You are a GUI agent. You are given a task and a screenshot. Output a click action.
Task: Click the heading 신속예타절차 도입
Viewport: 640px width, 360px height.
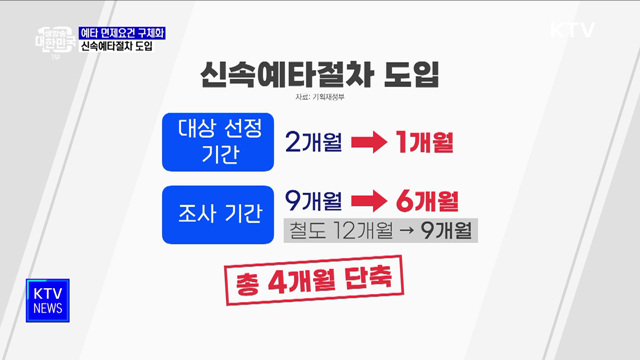(319, 74)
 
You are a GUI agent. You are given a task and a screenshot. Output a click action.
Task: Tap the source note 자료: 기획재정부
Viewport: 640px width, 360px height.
(320, 98)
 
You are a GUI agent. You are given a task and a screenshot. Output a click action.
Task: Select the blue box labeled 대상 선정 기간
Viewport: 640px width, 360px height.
(216, 141)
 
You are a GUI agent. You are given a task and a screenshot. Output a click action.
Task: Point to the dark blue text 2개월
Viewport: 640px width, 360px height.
(313, 142)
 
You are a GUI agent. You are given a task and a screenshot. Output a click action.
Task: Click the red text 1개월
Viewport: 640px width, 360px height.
(425, 142)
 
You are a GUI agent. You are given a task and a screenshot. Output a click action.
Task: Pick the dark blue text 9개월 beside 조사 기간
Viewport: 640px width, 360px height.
(313, 199)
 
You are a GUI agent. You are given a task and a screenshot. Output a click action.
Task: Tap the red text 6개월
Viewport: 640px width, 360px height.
(425, 199)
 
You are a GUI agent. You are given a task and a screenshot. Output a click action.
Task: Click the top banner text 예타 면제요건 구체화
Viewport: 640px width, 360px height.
(122, 33)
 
